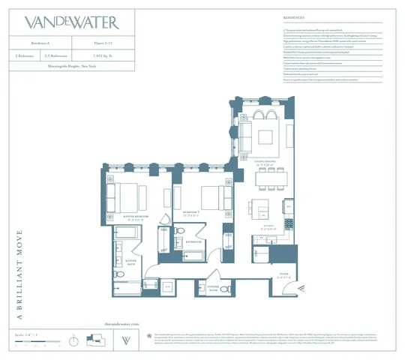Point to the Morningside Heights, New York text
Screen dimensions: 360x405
73,67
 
